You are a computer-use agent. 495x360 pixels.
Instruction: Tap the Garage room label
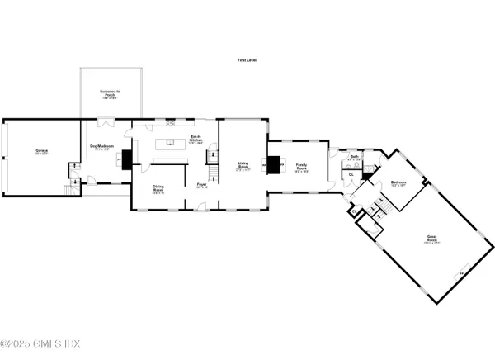tap(40, 151)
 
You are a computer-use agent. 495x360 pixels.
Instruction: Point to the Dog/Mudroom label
tap(101, 148)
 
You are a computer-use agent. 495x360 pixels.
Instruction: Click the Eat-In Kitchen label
tap(196, 139)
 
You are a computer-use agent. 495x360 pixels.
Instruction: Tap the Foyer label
tap(200, 187)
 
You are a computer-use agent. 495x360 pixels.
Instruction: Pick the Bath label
tap(353, 157)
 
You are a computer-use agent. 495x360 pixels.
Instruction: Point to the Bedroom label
tap(398, 183)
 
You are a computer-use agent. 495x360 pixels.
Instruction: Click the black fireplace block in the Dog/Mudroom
tap(125, 159)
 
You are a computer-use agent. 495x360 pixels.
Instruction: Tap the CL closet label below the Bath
tap(351, 174)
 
